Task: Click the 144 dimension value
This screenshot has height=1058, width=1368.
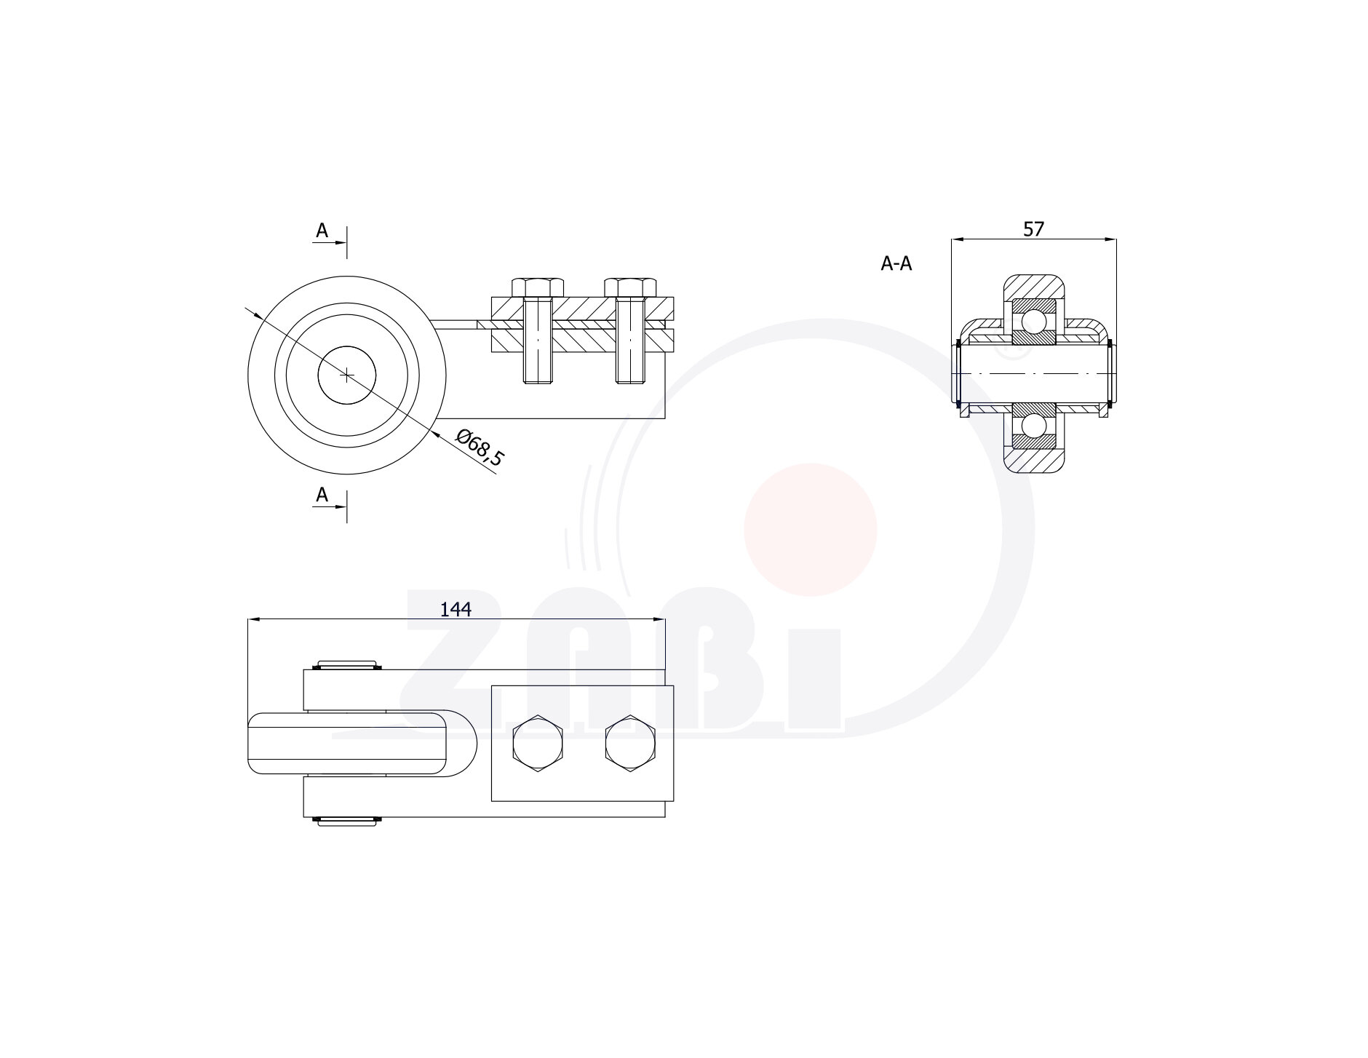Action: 456,609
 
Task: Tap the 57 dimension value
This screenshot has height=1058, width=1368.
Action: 1033,228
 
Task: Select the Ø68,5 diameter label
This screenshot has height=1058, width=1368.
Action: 480,448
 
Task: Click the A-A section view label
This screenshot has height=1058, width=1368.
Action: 896,263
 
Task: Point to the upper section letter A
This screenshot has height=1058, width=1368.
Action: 322,231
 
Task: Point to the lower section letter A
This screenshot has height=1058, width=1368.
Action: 322,495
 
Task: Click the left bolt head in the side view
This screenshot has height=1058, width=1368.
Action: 538,287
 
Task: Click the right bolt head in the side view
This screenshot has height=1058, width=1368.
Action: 630,287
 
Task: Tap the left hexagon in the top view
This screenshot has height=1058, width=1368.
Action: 538,744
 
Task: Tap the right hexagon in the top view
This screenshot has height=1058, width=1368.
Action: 630,744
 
